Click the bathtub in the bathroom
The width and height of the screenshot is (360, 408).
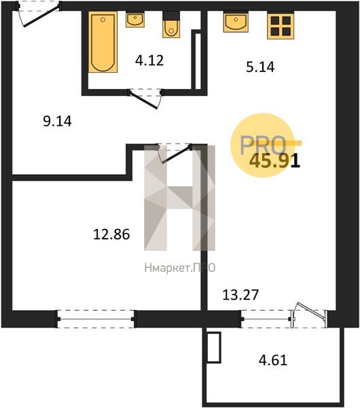pos(103,42)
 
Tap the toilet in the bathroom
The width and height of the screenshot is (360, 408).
pos(171,25)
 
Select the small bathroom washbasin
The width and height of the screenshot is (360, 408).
pos(135,19)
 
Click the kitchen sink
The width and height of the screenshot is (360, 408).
pos(236,22)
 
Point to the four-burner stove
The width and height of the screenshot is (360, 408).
pos(281,26)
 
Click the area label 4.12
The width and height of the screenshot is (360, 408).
pos(149,61)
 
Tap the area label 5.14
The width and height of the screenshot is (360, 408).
pos(260,67)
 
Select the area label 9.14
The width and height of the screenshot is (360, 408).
pos(57,121)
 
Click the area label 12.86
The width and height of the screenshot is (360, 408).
pos(111,234)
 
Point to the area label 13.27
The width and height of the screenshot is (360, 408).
pos(240,295)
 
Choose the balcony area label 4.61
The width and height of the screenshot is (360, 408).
pos(273,360)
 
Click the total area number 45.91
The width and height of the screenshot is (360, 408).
pos(274,161)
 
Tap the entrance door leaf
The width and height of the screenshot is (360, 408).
pos(41,16)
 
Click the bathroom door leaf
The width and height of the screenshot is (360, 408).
pos(143,99)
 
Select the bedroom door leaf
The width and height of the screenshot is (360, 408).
pos(177,154)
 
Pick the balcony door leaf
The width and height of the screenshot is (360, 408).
pos(311,311)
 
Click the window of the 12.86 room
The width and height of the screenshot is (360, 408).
pos(96,319)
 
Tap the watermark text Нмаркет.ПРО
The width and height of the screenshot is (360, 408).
pos(180,268)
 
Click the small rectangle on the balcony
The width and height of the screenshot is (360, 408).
pos(214,347)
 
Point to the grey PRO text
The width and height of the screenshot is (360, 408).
pos(263,145)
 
